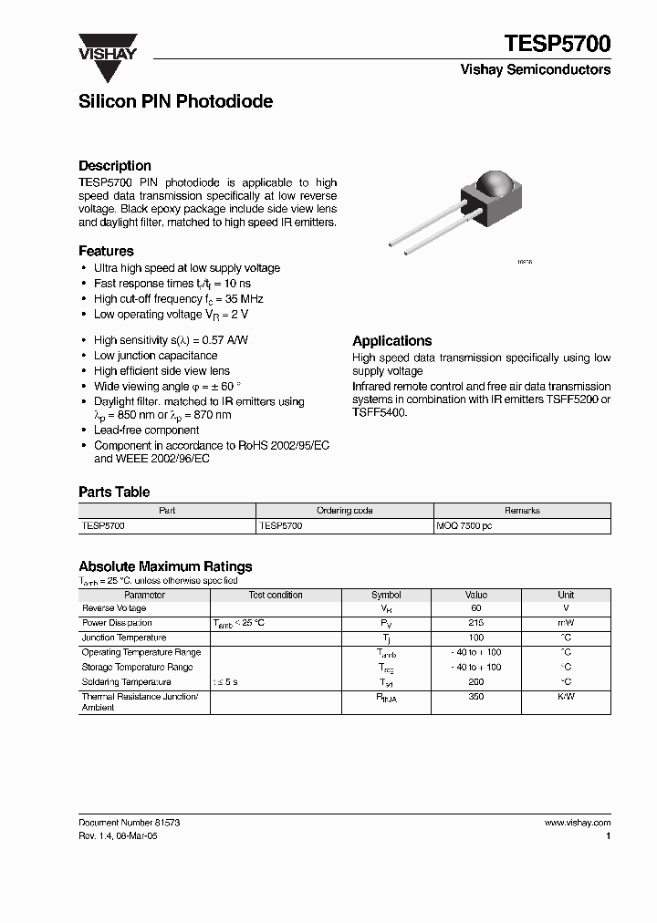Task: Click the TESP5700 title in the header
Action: pyautogui.click(x=557, y=44)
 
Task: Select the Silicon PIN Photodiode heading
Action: pyautogui.click(x=175, y=102)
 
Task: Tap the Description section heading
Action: pyautogui.click(x=115, y=166)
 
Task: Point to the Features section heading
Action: pyautogui.click(x=106, y=251)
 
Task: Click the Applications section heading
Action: pyautogui.click(x=391, y=340)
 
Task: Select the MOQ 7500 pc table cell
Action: pyautogui.click(x=464, y=526)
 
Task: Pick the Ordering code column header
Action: pyautogui.click(x=344, y=511)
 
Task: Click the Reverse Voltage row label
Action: pyautogui.click(x=114, y=608)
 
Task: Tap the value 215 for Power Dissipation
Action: pyautogui.click(x=475, y=623)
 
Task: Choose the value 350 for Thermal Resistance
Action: pyautogui.click(x=475, y=697)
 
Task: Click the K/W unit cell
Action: pyautogui.click(x=566, y=697)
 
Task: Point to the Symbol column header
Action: pyautogui.click(x=386, y=595)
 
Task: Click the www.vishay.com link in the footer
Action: pyautogui.click(x=577, y=823)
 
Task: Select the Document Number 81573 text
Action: pyautogui.click(x=129, y=823)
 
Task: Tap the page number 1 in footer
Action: pyautogui.click(x=608, y=835)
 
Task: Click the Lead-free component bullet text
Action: pyautogui.click(x=146, y=430)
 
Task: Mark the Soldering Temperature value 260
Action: pyautogui.click(x=475, y=682)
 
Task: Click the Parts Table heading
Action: pyautogui.click(x=114, y=492)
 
